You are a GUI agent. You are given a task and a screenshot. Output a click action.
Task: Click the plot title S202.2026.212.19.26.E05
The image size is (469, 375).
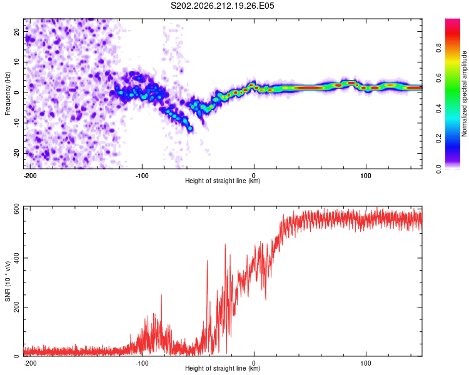click(222, 6)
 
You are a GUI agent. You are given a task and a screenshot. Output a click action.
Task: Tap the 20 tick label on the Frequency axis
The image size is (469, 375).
click(17, 32)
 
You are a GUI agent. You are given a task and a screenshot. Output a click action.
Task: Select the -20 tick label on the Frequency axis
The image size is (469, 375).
click(17, 154)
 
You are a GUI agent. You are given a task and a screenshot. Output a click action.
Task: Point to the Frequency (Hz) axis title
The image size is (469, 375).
click(8, 94)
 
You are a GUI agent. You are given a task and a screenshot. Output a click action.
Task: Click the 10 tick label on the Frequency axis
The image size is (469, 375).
click(17, 62)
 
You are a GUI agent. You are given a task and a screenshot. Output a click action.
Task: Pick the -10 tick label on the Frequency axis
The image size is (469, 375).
click(17, 123)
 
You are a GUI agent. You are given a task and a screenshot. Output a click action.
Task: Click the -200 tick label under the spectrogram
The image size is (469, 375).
click(29, 176)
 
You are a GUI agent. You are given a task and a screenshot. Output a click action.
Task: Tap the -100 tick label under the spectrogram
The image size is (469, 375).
click(142, 176)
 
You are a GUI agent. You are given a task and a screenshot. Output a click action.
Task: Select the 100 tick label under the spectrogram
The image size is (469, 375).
click(366, 176)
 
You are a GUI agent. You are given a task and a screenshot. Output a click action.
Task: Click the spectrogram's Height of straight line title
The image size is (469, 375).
click(223, 181)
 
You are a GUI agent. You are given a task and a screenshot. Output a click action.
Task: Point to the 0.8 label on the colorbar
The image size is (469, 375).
click(438, 48)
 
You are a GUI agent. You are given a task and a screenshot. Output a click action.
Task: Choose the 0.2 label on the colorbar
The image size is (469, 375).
click(438, 139)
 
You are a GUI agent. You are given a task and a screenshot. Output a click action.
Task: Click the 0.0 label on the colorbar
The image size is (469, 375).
click(438, 169)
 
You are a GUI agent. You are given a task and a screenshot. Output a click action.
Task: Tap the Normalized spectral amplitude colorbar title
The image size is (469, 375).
click(464, 94)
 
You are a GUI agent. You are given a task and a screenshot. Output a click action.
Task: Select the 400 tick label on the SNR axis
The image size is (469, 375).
click(17, 257)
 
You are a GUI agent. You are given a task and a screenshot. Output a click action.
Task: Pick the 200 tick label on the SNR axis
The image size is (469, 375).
click(17, 307)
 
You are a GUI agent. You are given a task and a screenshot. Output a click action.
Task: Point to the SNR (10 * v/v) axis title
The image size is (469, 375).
click(8, 281)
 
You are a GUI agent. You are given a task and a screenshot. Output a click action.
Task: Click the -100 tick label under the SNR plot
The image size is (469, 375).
click(142, 363)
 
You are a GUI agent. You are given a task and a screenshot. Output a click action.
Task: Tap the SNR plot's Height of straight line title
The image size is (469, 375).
click(223, 368)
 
